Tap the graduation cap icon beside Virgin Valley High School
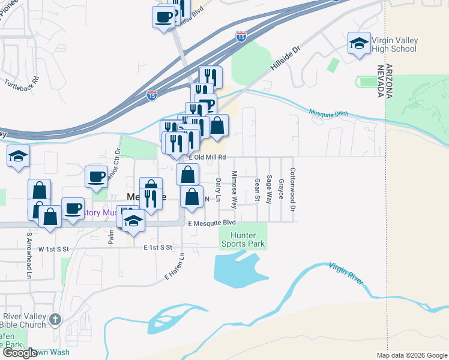(x=359, y=43)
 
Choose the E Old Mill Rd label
(x=207, y=157)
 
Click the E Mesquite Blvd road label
(x=211, y=223)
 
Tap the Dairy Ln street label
(x=218, y=190)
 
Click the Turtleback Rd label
(x=22, y=83)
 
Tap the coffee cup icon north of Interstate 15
(x=164, y=17)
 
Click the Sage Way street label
(x=270, y=188)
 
